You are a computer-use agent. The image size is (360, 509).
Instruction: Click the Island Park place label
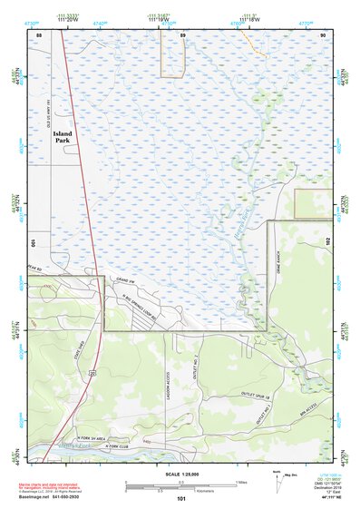[68, 136]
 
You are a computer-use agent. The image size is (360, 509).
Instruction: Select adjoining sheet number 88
[39, 34]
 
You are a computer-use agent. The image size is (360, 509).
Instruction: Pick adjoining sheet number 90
[324, 34]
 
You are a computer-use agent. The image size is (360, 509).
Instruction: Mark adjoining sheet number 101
[181, 499]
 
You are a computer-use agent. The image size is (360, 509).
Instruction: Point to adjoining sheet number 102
[327, 243]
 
